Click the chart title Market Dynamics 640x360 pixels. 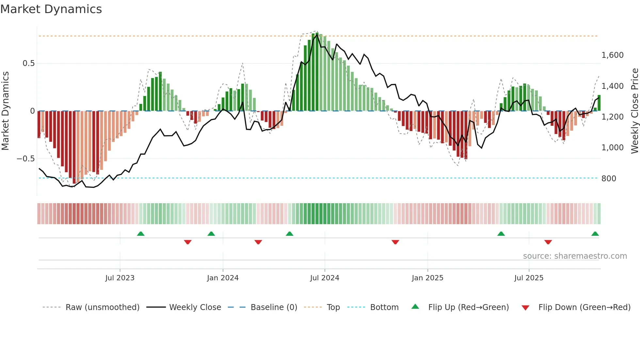coord(51,9)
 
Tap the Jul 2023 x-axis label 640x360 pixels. coord(120,278)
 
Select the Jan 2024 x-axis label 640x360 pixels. coord(223,278)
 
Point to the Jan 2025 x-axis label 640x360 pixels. coord(427,278)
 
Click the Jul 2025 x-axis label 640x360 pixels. coord(529,278)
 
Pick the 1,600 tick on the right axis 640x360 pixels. coord(612,55)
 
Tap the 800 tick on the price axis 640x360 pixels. coord(609,179)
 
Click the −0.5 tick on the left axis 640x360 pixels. coord(26,159)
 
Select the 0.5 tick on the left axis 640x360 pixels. coord(29,63)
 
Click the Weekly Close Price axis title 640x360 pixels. coord(634,111)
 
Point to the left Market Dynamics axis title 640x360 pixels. coord(5,111)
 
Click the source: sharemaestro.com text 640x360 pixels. coord(575,256)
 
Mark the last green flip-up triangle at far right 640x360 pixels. coord(595,234)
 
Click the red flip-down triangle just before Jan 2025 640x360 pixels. coord(395,242)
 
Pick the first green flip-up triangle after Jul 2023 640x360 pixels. coord(141,234)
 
